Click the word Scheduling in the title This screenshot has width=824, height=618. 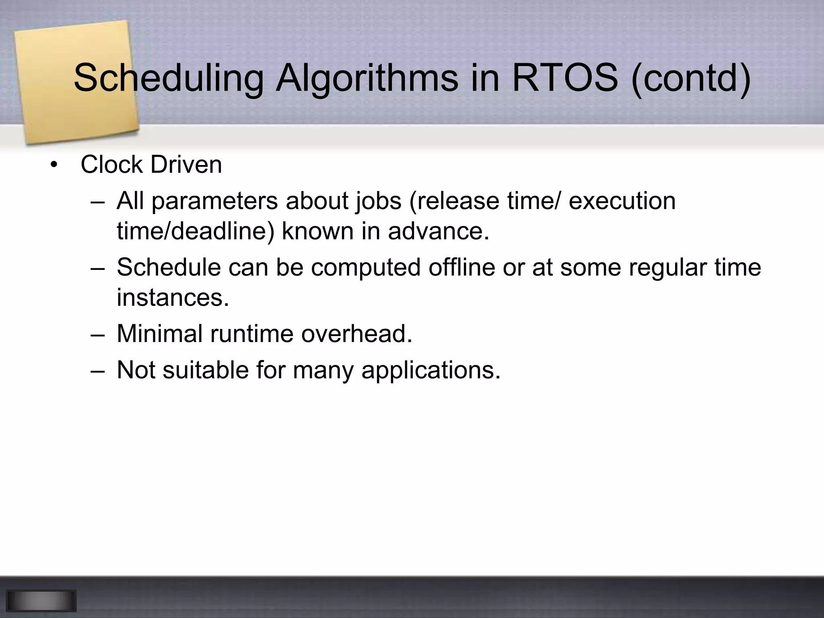click(x=168, y=78)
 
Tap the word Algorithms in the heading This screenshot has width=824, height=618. click(x=367, y=78)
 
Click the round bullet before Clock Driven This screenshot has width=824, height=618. click(x=54, y=165)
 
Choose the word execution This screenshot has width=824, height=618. click(x=622, y=200)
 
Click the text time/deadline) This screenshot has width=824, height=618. click(x=196, y=231)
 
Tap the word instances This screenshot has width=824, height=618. click(x=173, y=298)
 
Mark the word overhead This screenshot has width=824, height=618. click(x=356, y=334)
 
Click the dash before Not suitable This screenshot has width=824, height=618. click(x=97, y=370)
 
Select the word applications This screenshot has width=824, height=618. click(x=431, y=370)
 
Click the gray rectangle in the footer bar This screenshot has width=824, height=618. click(x=41, y=601)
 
